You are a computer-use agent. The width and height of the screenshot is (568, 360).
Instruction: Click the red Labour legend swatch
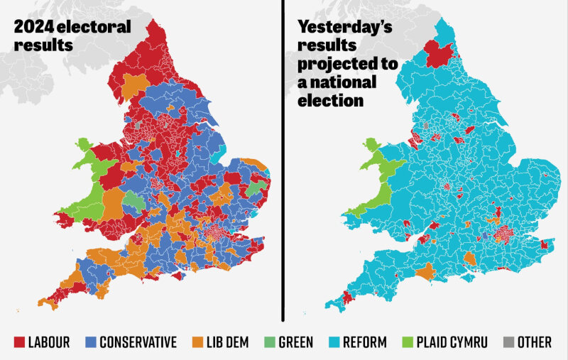(x=20, y=342)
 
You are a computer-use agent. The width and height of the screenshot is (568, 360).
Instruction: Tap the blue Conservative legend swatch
(x=90, y=342)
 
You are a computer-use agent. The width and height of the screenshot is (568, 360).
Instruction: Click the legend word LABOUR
(x=49, y=342)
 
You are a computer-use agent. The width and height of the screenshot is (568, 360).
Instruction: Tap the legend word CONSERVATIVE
(x=138, y=342)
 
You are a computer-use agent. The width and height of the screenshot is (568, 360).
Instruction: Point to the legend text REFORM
(x=365, y=342)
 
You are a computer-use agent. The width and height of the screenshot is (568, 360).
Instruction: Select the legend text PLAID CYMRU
(x=452, y=342)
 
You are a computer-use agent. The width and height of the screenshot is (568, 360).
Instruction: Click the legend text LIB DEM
(x=226, y=342)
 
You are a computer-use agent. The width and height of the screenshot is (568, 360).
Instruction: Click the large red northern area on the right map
(x=439, y=53)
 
